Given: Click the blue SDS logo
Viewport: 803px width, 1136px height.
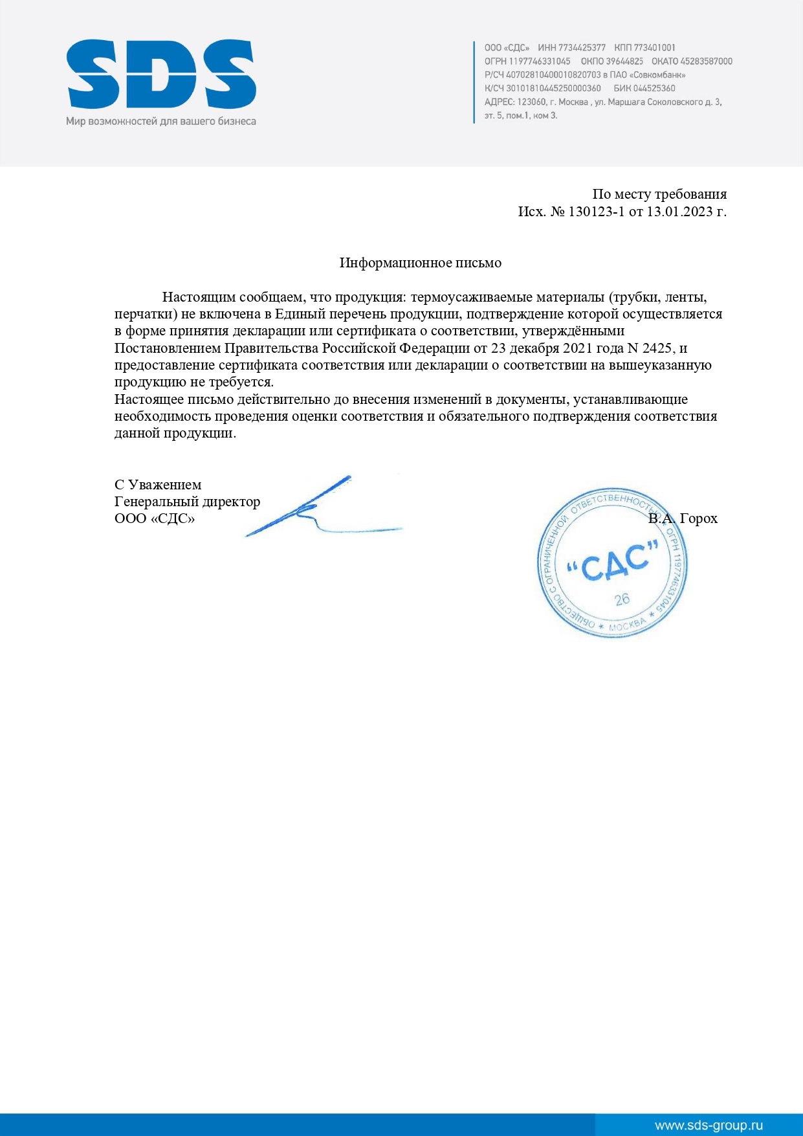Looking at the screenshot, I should [161, 74].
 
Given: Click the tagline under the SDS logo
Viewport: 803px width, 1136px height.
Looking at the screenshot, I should [161, 121].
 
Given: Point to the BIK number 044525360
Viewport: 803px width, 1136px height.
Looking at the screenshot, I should [654, 89].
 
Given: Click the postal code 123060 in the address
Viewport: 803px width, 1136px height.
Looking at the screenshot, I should [532, 102].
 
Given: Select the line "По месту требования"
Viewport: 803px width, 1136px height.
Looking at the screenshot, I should [659, 194].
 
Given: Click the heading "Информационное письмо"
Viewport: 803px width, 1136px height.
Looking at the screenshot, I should [421, 263].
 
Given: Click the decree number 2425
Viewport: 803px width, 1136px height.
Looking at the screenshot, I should [657, 348].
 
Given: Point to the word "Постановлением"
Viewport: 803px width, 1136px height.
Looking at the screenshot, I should [168, 348].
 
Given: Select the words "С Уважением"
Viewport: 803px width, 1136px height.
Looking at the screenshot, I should [158, 485].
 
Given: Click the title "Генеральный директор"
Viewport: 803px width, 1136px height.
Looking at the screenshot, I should [187, 502].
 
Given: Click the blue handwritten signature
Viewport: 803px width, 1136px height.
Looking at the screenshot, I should [317, 511].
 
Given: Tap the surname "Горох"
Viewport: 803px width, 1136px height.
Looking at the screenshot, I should [699, 518].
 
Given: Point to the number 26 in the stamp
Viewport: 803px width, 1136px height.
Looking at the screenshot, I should [622, 599].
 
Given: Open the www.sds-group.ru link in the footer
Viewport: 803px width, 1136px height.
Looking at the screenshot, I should [709, 1126].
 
